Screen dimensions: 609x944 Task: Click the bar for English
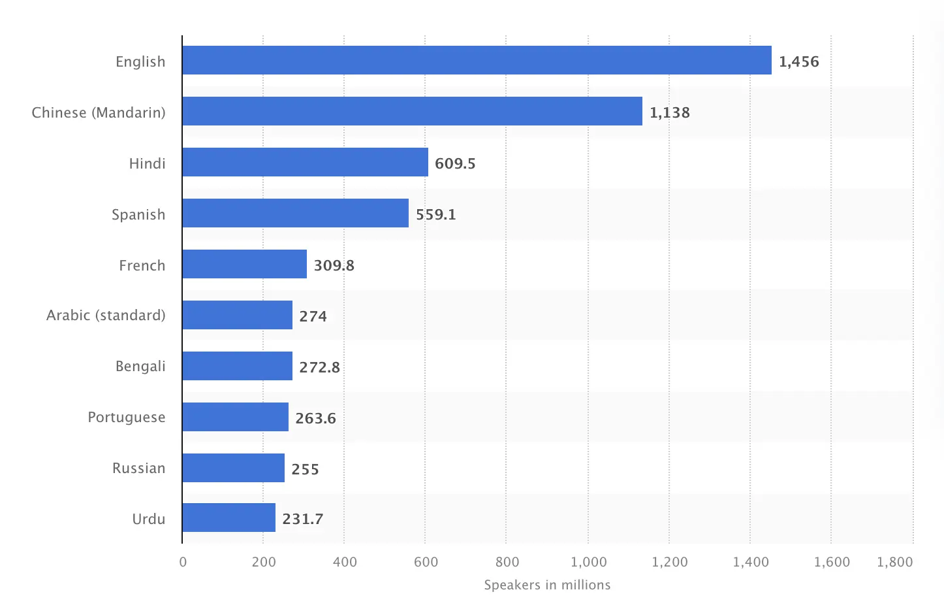tap(477, 60)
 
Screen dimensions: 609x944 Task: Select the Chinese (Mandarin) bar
tap(412, 111)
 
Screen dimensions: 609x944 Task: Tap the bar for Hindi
tap(305, 162)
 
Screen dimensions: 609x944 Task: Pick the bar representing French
tap(244, 264)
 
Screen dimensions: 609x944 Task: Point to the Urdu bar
tap(228, 518)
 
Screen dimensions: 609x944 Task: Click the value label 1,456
tap(798, 61)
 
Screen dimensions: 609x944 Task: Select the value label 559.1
tap(435, 214)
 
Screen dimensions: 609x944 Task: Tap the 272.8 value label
tap(319, 367)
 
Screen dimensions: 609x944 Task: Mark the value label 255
tap(305, 469)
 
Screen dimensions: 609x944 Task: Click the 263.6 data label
tap(315, 418)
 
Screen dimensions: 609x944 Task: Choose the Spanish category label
tap(138, 214)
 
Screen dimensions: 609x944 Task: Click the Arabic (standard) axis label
tap(106, 315)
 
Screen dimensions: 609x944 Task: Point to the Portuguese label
tap(127, 417)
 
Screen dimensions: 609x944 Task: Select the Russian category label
tap(138, 468)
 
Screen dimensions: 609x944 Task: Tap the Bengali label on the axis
tap(140, 366)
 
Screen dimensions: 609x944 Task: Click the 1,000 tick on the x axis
tap(588, 562)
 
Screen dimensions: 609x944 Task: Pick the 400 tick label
tap(344, 562)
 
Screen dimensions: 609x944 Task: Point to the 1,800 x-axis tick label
tap(894, 562)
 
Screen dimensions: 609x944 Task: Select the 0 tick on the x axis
tap(183, 562)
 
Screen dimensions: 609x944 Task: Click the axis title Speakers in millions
tap(547, 585)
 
